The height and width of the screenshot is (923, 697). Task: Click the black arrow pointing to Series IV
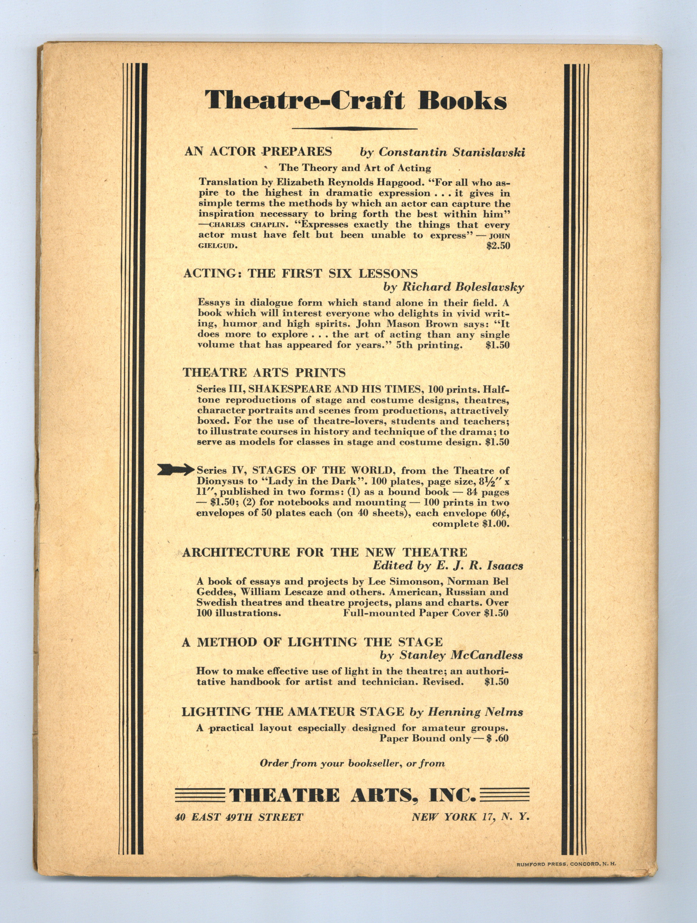pyautogui.click(x=175, y=470)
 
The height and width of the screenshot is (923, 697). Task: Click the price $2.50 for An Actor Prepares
pyautogui.click(x=498, y=246)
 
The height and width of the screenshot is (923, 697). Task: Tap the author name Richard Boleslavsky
pyautogui.click(x=462, y=288)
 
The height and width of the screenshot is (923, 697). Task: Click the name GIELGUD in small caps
pyautogui.click(x=218, y=246)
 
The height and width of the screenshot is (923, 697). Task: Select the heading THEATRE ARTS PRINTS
pyautogui.click(x=264, y=372)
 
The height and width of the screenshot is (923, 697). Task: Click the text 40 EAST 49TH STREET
pyautogui.click(x=239, y=817)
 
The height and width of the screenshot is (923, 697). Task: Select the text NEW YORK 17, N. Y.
pyautogui.click(x=470, y=817)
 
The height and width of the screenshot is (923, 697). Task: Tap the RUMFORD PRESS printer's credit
pyautogui.click(x=565, y=864)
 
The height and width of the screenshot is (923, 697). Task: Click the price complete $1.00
pyautogui.click(x=470, y=524)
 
